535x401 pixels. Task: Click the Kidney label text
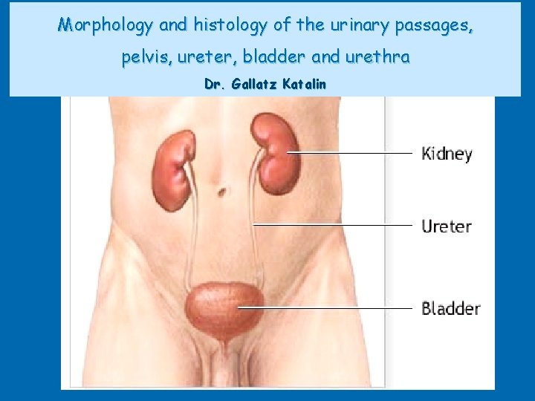tap(447, 154)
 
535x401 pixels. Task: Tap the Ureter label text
tap(446, 226)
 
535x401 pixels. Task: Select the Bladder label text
tap(450, 307)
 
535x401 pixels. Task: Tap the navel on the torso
tap(221, 192)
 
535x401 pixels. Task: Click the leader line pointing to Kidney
tap(349, 154)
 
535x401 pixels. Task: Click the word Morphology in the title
tap(106, 25)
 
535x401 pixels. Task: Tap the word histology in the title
tap(230, 25)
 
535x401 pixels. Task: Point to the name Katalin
tap(304, 84)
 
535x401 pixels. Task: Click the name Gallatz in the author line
tap(255, 84)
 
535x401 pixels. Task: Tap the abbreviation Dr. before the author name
tap(215, 84)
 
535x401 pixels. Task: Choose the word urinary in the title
tap(360, 25)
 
